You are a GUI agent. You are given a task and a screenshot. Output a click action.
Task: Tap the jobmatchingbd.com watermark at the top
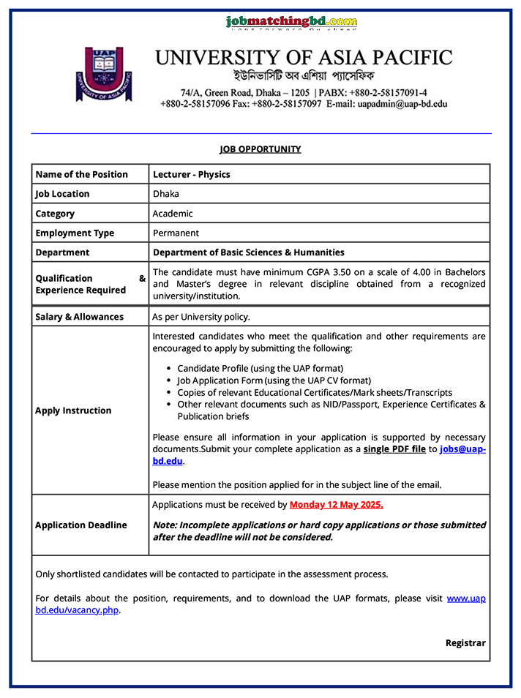[291, 22]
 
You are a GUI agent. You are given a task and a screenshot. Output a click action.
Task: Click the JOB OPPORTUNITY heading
[260, 149]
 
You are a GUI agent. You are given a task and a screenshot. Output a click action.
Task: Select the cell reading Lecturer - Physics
[192, 174]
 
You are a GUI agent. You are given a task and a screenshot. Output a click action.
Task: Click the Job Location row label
[62, 194]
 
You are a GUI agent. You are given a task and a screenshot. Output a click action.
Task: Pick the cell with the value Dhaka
[166, 194]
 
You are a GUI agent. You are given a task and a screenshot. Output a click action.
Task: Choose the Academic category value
[173, 214]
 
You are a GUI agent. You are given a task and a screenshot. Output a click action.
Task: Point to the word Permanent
[176, 233]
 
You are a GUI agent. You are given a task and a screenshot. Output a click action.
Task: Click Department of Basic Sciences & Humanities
[248, 252]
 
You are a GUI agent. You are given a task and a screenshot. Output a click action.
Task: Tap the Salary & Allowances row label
[79, 317]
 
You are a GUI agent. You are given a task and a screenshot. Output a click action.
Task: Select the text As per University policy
[201, 317]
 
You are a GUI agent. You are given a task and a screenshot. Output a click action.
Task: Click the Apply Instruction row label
[73, 410]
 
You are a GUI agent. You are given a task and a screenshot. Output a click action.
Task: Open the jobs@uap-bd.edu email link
[462, 449]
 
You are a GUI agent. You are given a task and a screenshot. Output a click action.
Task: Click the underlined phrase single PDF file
[394, 449]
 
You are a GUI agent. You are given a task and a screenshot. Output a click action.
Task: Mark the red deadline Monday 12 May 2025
[336, 505]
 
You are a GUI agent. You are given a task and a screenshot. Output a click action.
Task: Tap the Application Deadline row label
[80, 525]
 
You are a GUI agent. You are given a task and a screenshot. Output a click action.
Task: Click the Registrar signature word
[465, 643]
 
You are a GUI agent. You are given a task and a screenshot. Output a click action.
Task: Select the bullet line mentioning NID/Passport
[331, 405]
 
